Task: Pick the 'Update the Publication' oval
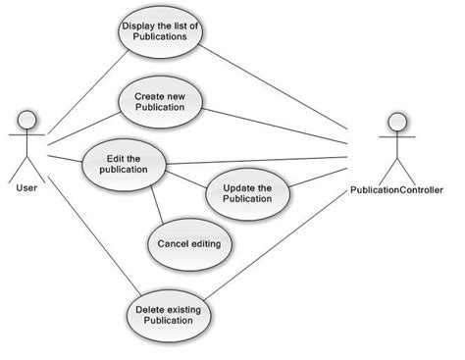[x=247, y=192]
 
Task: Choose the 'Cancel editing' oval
[x=188, y=243]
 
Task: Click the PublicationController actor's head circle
[x=394, y=123]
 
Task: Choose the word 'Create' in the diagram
[x=148, y=95]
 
